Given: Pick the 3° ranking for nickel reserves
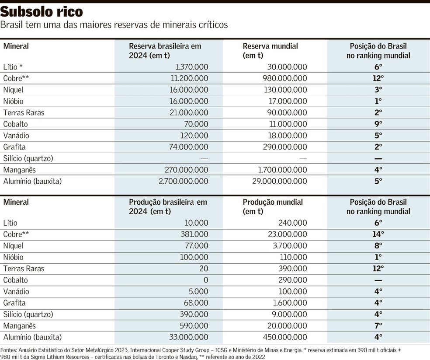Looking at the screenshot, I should [378, 90].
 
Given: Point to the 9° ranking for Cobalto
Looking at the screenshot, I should [378, 124].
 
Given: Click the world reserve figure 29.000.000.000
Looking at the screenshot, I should [280, 181].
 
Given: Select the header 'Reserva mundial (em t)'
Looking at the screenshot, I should [270, 51].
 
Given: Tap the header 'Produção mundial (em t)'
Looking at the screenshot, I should [273, 206].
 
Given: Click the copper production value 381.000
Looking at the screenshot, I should [195, 234].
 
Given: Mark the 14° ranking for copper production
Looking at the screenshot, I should [378, 234].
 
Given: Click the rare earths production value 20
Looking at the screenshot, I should [204, 269].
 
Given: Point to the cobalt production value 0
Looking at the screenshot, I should [206, 280].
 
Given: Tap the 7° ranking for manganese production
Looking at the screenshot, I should [378, 325].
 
